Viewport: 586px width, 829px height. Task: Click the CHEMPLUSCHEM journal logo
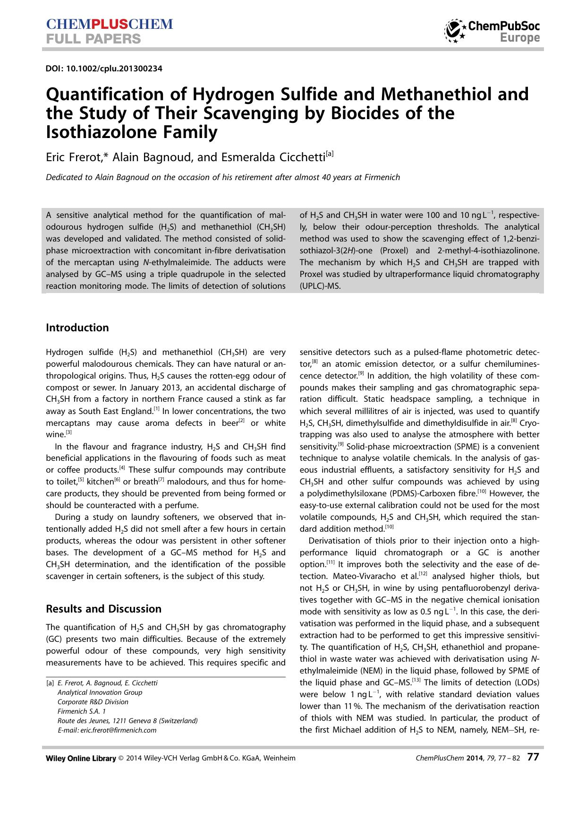pyautogui.click(x=110, y=24)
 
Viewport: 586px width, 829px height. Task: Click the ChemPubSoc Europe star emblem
pyautogui.click(x=455, y=31)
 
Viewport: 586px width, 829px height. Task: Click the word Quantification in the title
pyautogui.click(x=103, y=95)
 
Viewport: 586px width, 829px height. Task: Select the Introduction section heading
pyautogui.click(x=77, y=328)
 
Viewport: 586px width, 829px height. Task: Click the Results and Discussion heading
pyautogui.click(x=103, y=609)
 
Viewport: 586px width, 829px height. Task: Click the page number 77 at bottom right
pyautogui.click(x=533, y=757)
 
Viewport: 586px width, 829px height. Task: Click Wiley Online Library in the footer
pyautogui.click(x=81, y=758)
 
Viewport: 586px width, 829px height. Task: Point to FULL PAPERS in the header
pyautogui.click(x=93, y=39)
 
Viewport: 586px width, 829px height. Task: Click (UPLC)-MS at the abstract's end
pyautogui.click(x=320, y=285)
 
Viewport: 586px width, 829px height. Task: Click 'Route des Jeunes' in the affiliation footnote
pyautogui.click(x=83, y=720)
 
